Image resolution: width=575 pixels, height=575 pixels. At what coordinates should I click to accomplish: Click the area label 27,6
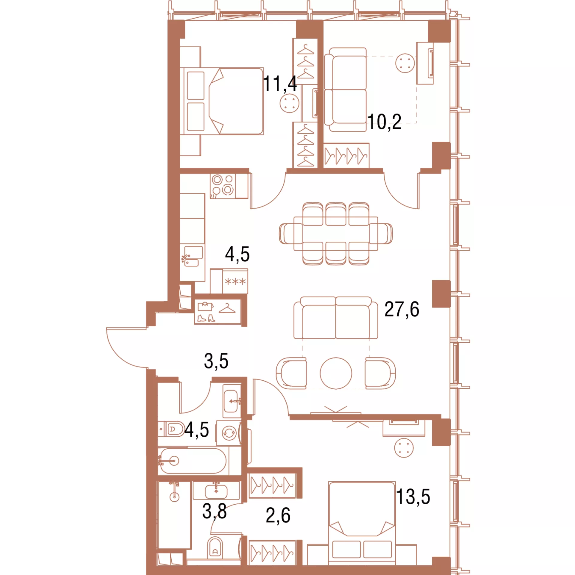[402, 309]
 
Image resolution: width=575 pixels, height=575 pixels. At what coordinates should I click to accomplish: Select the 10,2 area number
[385, 122]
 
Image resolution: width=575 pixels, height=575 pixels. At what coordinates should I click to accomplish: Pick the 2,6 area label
[278, 515]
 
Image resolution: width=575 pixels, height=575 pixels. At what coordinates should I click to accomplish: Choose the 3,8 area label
[214, 511]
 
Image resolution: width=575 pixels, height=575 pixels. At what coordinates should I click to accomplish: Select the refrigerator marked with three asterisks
[235, 281]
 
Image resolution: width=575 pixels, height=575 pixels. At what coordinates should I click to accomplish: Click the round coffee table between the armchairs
[336, 373]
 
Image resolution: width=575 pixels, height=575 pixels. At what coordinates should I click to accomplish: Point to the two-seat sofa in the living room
[336, 318]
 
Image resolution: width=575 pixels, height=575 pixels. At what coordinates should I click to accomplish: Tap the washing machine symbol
[229, 433]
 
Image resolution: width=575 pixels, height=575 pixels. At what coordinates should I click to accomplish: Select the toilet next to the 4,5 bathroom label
[171, 429]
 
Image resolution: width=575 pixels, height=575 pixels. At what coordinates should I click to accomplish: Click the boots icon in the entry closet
[206, 318]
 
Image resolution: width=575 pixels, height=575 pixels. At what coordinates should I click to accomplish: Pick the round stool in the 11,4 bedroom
[290, 103]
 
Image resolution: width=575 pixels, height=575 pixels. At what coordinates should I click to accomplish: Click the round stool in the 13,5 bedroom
[404, 448]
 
